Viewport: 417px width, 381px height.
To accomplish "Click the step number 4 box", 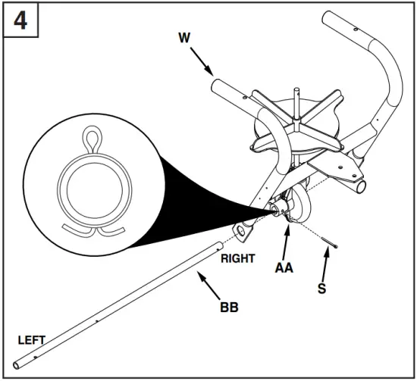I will coord(21,20).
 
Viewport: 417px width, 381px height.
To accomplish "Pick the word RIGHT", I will coord(238,258).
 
